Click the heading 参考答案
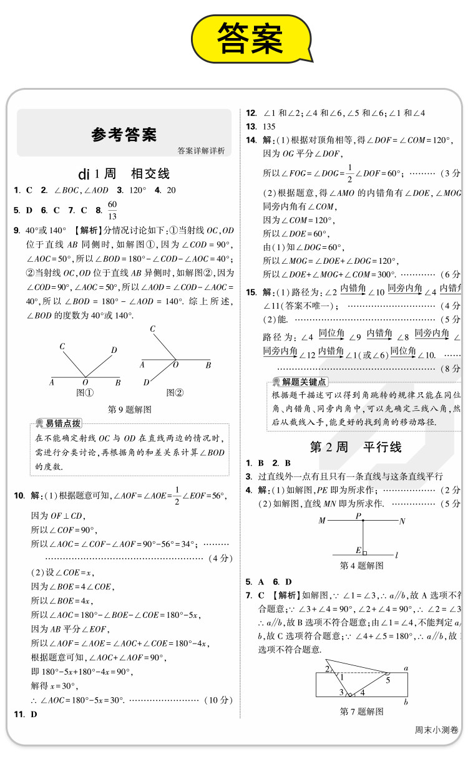click(124, 133)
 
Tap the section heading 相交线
click(150, 174)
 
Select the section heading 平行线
click(382, 447)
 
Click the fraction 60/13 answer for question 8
click(112, 211)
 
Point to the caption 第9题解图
click(129, 410)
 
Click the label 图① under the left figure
click(85, 393)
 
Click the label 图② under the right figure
click(174, 393)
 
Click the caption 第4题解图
click(362, 566)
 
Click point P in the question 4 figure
click(359, 516)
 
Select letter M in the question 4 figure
click(322, 521)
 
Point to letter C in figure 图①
click(62, 346)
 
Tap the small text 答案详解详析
click(200, 150)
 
